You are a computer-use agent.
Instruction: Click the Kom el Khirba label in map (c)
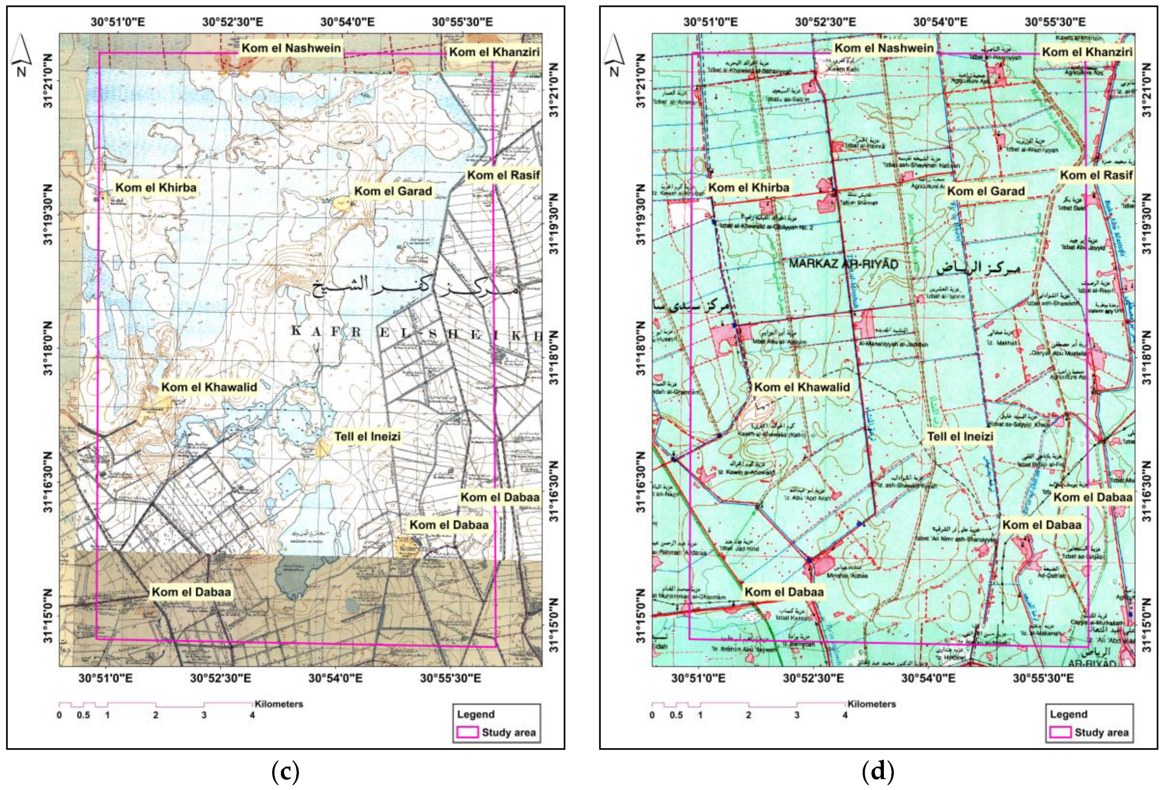click(156, 188)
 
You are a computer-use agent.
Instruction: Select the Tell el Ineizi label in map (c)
click(367, 436)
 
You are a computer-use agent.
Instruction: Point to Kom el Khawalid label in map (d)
click(802, 387)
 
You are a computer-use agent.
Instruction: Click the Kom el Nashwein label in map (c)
click(291, 48)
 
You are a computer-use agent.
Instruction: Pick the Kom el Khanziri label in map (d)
click(1087, 52)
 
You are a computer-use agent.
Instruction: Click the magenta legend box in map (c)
click(467, 732)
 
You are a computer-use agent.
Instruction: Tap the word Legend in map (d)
click(1069, 714)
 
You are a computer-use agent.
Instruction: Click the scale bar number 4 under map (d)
click(845, 715)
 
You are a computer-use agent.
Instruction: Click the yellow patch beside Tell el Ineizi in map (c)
click(322, 448)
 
